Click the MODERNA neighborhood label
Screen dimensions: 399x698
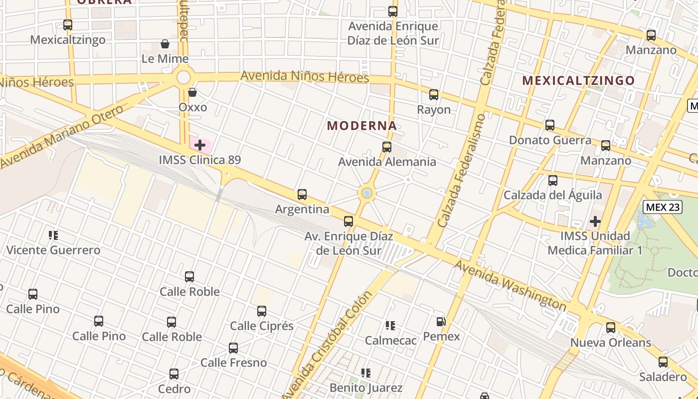click(362, 126)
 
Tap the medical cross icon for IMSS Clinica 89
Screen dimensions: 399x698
click(200, 145)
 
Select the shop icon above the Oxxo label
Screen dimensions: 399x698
click(192, 92)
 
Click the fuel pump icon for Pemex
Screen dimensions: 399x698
click(441, 322)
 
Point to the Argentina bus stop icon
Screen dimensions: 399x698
click(302, 195)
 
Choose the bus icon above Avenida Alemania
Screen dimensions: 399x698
click(386, 147)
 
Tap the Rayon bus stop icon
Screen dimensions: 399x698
click(434, 95)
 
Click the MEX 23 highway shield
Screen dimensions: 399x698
click(663, 207)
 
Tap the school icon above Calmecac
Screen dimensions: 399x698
click(390, 326)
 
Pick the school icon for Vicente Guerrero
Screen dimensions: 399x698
click(53, 235)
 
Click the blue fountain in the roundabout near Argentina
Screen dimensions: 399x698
click(367, 193)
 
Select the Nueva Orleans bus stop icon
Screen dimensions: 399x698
click(611, 328)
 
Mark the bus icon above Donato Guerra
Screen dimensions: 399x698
click(550, 125)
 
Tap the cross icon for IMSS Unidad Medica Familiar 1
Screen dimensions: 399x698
click(595, 221)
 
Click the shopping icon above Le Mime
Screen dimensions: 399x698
click(165, 44)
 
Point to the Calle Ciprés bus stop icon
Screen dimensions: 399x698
click(262, 311)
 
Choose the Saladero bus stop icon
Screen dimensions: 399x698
click(663, 362)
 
